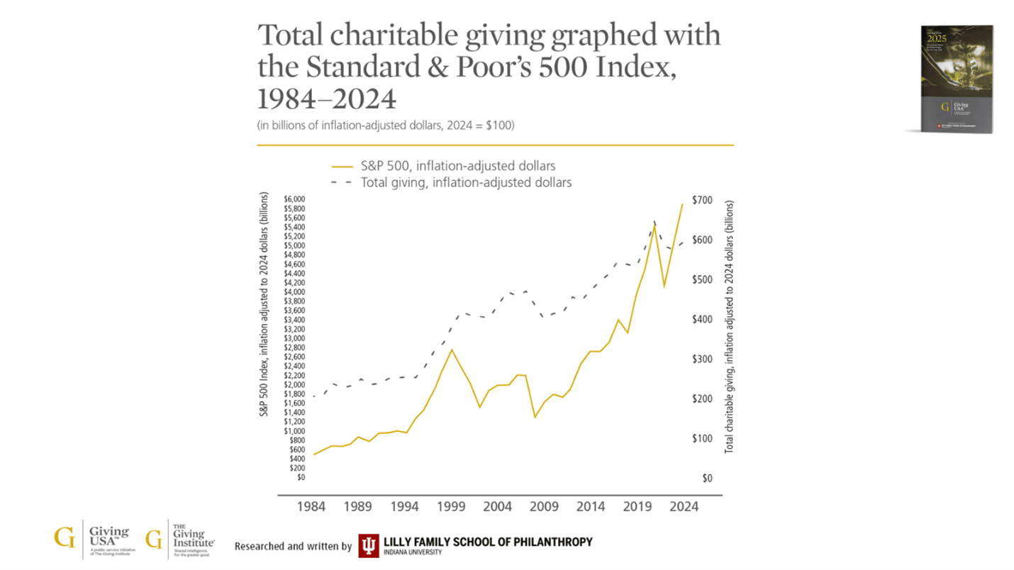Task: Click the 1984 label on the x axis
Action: click(x=312, y=507)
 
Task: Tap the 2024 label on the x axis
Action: click(x=684, y=507)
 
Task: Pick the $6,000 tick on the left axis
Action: click(x=294, y=199)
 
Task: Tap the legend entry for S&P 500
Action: click(x=443, y=166)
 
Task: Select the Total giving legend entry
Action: click(x=451, y=182)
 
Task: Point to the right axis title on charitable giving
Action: click(x=728, y=327)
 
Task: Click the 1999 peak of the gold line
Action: click(x=452, y=350)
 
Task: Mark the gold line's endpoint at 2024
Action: click(x=682, y=204)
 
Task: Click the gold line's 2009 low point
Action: click(x=535, y=417)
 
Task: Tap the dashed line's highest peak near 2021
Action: click(x=654, y=222)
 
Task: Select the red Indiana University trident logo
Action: click(x=368, y=545)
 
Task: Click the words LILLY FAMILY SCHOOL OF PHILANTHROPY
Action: click(x=488, y=542)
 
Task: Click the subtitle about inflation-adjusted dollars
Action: click(x=385, y=125)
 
